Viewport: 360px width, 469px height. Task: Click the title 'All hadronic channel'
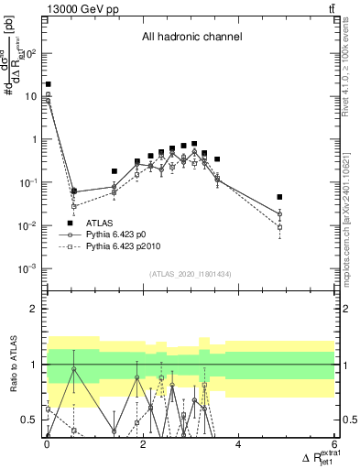coord(191,38)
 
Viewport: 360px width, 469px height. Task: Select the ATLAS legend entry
coord(100,223)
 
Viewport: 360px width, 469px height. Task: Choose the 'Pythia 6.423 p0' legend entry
coord(123,234)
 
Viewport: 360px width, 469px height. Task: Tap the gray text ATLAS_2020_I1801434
coord(191,275)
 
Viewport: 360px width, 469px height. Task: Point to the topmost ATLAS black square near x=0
coord(48,84)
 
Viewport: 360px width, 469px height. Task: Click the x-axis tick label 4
coord(238,446)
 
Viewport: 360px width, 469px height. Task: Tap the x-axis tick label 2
coord(143,446)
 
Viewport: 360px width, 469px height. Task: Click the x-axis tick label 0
coord(47,446)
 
